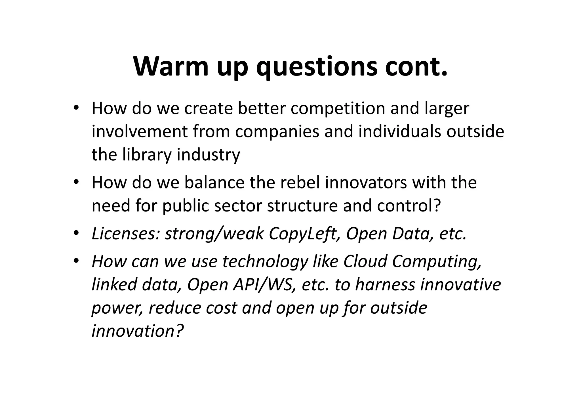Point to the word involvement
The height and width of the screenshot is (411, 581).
140,132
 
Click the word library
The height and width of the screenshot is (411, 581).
147,155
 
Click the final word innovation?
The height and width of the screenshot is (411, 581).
138,331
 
